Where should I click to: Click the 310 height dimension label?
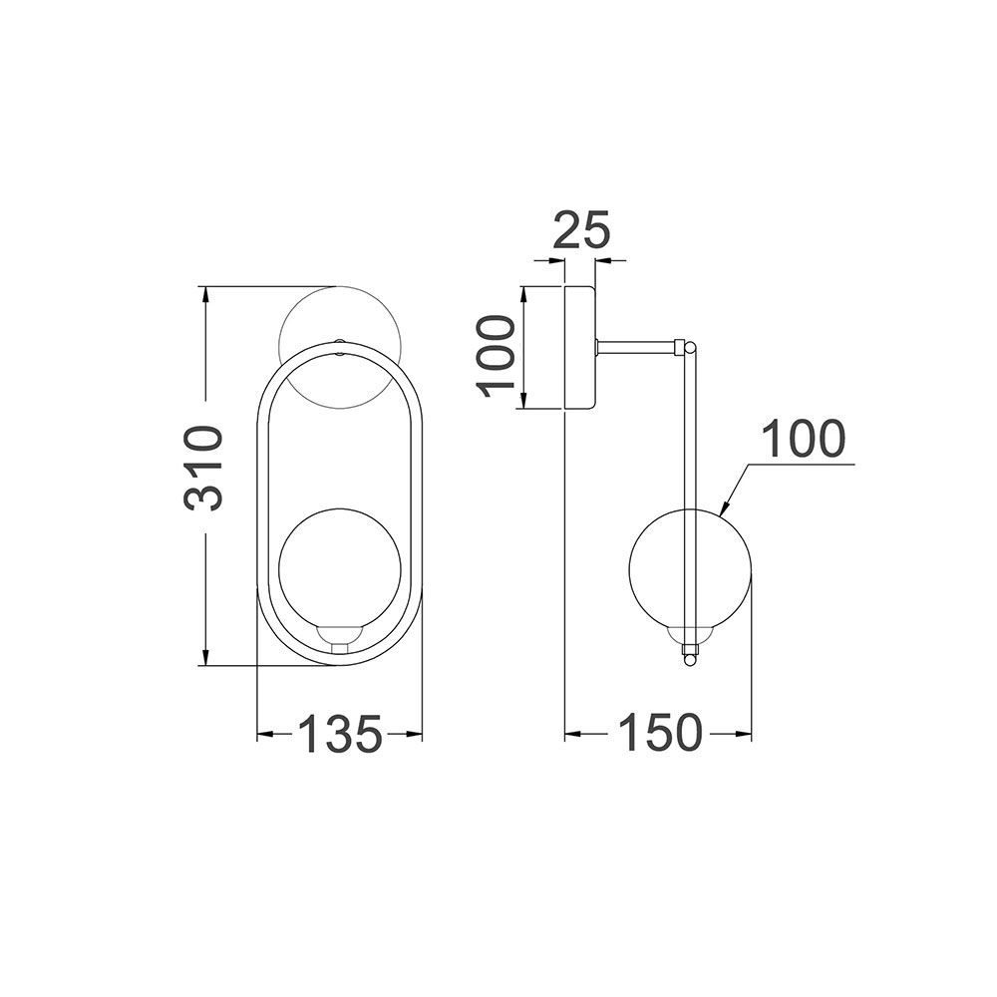204,470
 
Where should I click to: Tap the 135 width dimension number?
341,735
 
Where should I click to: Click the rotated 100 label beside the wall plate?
496,356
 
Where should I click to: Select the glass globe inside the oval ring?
340,568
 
